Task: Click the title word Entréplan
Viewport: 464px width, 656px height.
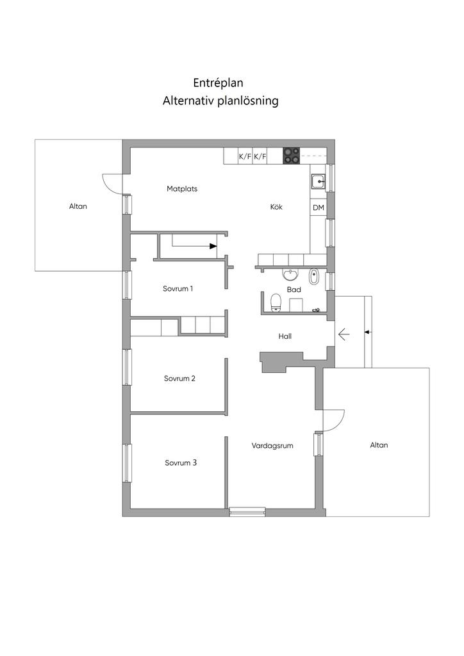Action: [x=219, y=83]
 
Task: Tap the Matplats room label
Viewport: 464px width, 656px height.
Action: [x=182, y=189]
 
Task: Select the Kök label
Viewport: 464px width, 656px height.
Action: [x=276, y=207]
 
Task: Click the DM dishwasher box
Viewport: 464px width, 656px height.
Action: [x=318, y=208]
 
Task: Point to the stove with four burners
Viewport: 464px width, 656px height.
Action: [x=292, y=155]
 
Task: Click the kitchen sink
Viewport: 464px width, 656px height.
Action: [x=319, y=182]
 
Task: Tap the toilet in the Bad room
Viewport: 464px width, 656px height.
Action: [x=276, y=302]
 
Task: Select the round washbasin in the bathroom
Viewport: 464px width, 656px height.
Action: [x=291, y=275]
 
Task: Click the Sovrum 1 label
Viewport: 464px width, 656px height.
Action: [x=178, y=289]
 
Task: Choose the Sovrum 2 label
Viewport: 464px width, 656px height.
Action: [x=179, y=379]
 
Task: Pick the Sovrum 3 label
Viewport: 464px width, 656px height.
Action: [x=180, y=463]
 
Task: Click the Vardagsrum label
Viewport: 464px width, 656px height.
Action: [x=272, y=445]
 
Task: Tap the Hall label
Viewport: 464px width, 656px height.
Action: [x=285, y=336]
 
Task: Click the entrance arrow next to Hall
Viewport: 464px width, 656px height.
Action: [x=343, y=333]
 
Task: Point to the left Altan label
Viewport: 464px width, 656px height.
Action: [x=78, y=206]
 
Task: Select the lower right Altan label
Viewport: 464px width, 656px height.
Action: [x=379, y=445]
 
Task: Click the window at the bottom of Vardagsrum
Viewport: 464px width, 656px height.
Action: [x=247, y=511]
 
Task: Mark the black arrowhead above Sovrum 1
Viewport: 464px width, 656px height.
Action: [x=213, y=245]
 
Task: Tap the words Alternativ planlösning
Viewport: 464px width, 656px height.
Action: [x=220, y=101]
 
